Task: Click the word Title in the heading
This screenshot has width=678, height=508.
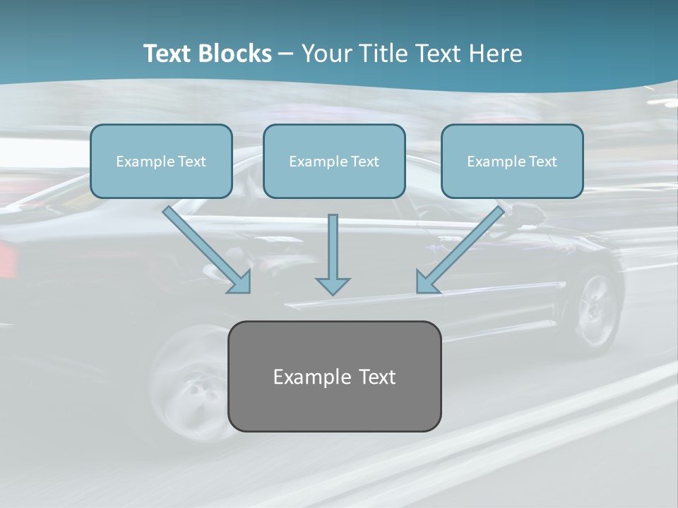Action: [383, 54]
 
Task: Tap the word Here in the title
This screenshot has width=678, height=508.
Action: [496, 54]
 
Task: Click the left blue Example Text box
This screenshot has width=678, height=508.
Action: [161, 161]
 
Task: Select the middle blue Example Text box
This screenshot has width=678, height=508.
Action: [334, 161]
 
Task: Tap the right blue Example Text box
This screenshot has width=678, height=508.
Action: [513, 161]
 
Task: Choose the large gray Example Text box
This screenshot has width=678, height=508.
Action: [335, 376]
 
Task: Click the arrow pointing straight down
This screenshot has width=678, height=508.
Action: [333, 255]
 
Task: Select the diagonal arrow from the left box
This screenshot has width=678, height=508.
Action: [207, 250]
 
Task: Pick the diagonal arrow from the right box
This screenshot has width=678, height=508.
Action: [460, 250]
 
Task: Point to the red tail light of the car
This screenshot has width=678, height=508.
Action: [8, 259]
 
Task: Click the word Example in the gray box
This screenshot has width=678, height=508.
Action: [306, 377]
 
